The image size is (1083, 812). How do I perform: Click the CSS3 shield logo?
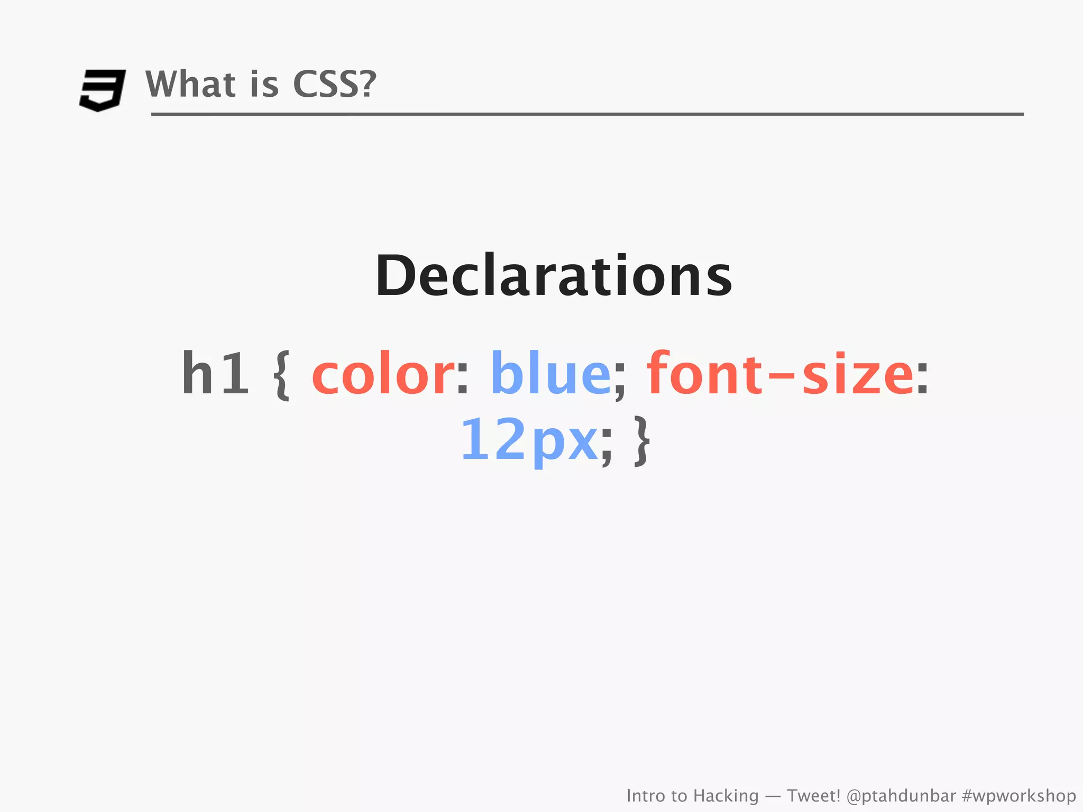103,90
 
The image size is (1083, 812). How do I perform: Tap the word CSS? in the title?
334,84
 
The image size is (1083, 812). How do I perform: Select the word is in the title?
264,84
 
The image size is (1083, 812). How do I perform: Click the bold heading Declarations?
554,276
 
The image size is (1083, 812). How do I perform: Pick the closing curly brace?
641,441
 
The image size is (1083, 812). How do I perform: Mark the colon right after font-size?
922,379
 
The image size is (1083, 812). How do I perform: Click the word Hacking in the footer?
726,796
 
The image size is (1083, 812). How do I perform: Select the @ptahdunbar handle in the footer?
901,796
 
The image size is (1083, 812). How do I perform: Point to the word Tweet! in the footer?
813,796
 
